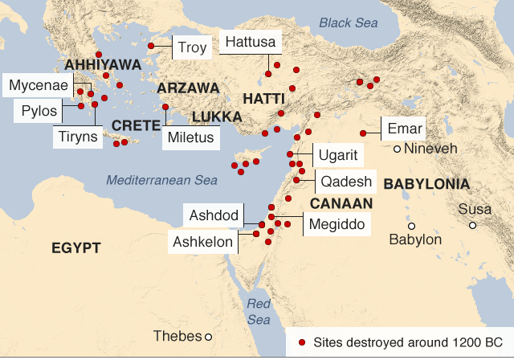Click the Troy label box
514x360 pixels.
click(191, 47)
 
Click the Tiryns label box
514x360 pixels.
click(78, 136)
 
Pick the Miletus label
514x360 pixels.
click(191, 137)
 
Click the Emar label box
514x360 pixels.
click(404, 129)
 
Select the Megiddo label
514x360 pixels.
click(337, 223)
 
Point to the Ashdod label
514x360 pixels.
click(213, 215)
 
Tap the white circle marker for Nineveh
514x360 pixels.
click(397, 149)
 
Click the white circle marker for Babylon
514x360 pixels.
click(411, 226)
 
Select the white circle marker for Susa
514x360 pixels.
click(473, 225)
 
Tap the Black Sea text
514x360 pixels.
click(347, 22)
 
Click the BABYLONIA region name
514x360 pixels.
click(426, 185)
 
